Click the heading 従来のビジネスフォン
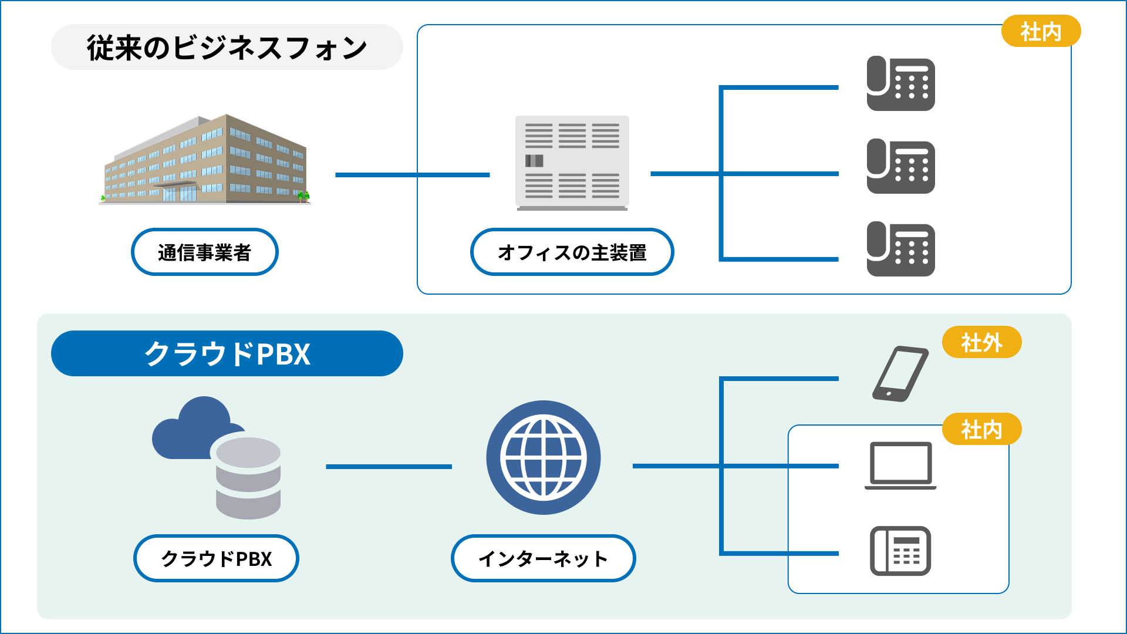click(x=227, y=48)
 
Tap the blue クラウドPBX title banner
click(x=227, y=353)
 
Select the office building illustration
click(x=205, y=160)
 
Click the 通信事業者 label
click(x=204, y=252)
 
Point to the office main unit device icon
click(x=572, y=162)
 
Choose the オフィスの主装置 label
click(x=572, y=252)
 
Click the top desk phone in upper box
click(x=900, y=83)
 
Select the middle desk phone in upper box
click(x=900, y=166)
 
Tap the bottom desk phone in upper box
click(x=900, y=249)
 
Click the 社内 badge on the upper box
click(x=1040, y=31)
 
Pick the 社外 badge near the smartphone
click(x=981, y=342)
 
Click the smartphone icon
click(x=900, y=374)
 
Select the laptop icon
click(x=900, y=466)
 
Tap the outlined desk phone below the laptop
click(x=900, y=551)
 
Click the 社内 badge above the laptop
click(x=981, y=429)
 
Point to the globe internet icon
click(x=543, y=457)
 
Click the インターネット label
click(x=543, y=558)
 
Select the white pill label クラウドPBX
click(x=216, y=558)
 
